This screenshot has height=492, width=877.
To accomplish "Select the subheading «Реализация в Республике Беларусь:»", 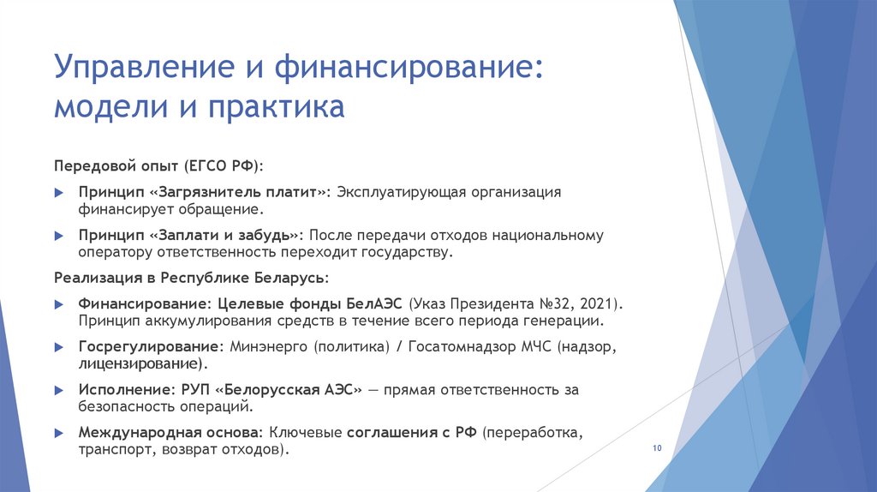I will (191, 279).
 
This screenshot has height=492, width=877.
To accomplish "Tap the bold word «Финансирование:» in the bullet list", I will (145, 303).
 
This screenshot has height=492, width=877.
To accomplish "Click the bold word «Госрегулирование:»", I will (151, 347).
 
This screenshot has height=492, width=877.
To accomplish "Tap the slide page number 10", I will (658, 449).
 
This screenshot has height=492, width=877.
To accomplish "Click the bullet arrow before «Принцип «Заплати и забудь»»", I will (58, 236).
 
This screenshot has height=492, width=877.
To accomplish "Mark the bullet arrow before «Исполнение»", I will (58, 391).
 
